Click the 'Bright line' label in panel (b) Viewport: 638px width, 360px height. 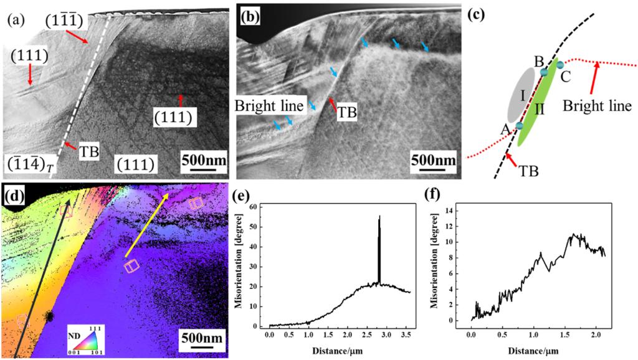point(270,105)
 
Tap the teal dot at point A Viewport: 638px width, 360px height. point(519,126)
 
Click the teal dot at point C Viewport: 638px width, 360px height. point(560,65)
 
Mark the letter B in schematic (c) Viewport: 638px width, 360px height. point(539,61)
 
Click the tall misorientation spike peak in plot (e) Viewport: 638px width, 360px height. point(379,217)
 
